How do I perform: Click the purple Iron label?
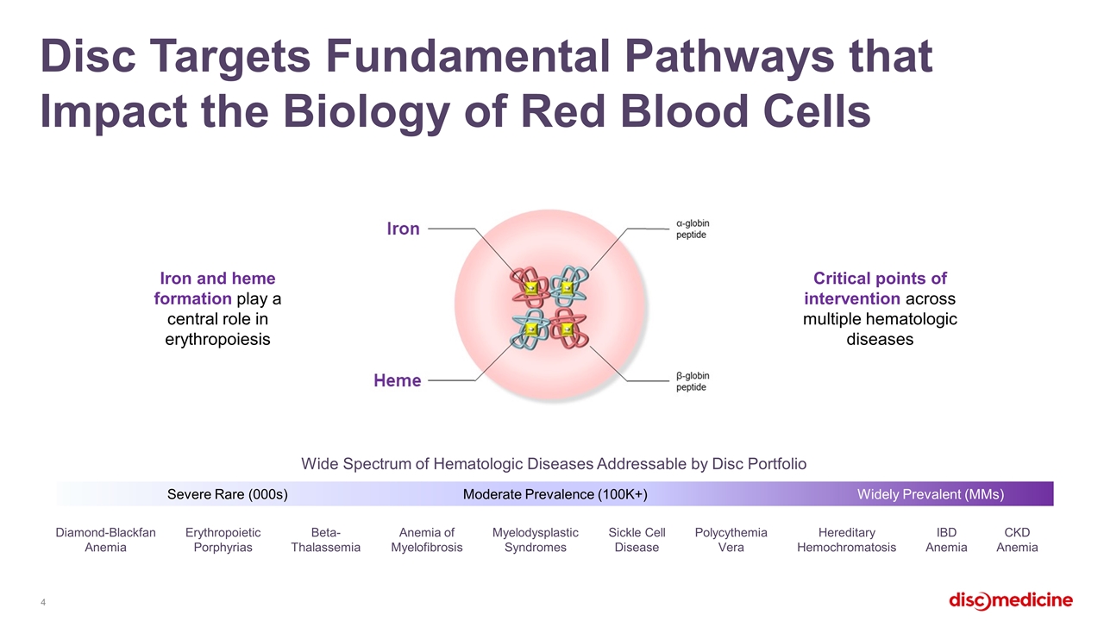click(x=403, y=229)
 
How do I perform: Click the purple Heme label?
click(x=398, y=380)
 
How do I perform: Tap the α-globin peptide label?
click(x=693, y=229)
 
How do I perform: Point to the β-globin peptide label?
click(x=693, y=381)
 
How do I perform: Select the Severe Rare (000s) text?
click(x=227, y=494)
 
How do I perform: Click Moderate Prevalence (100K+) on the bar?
click(x=555, y=494)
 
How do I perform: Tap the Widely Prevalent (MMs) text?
click(x=931, y=494)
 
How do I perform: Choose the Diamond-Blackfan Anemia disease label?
click(x=105, y=540)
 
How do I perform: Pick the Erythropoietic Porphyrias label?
click(x=223, y=540)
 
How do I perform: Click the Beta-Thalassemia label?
click(x=325, y=540)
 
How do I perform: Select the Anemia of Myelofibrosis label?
click(x=427, y=540)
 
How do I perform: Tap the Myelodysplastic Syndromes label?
click(x=536, y=540)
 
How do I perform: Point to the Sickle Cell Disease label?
click(x=637, y=540)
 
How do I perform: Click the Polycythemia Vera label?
click(x=731, y=540)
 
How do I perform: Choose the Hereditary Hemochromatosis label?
click(x=847, y=540)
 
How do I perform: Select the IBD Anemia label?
click(x=946, y=540)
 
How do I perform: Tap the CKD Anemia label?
click(x=1017, y=540)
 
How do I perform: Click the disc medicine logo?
click(x=1011, y=601)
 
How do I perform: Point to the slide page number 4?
click(x=43, y=602)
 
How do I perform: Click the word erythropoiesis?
click(x=217, y=340)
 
